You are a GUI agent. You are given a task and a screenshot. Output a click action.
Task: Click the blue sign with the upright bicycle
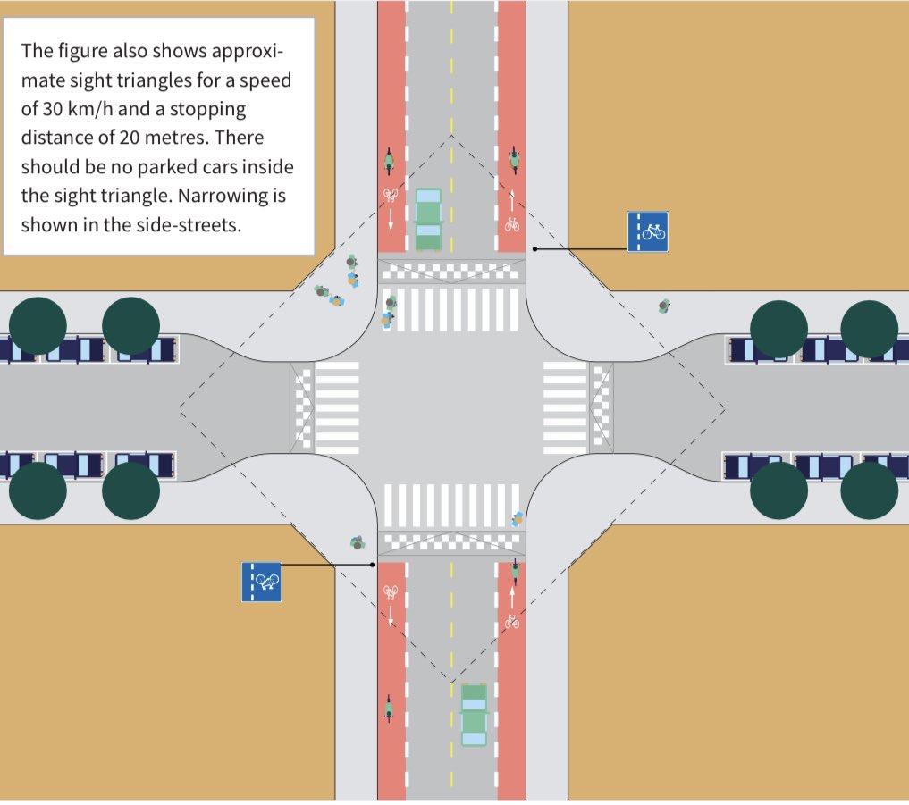647,231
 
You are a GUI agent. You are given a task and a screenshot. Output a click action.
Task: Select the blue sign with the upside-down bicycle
261,582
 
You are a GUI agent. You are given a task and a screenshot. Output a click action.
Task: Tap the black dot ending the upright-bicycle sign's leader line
534,248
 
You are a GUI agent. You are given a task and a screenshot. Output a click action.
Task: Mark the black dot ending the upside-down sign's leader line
372,565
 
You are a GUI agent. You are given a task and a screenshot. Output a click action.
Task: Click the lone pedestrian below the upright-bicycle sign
663,306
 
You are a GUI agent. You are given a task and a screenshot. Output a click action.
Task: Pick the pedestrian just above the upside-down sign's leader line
358,542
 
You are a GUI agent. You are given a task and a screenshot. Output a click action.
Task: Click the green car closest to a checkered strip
429,220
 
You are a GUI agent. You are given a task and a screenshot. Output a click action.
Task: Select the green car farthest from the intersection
474,714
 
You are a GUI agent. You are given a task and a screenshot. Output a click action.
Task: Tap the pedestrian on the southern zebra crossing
517,518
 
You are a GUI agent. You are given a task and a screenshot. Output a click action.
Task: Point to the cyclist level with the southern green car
389,709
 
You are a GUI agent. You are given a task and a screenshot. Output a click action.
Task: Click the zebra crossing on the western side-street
336,407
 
